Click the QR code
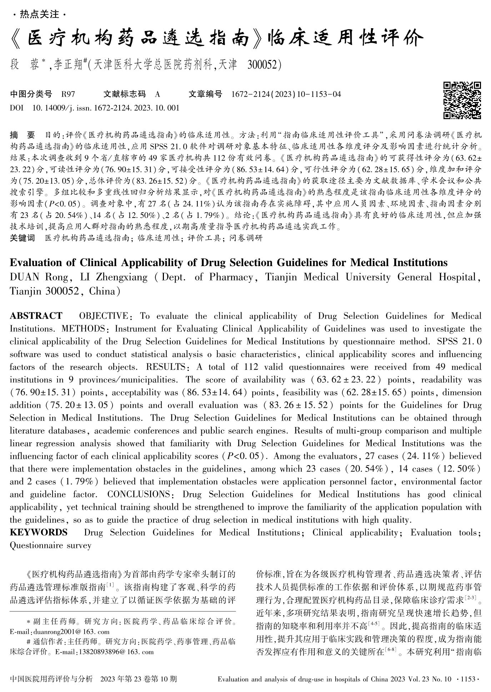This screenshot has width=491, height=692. coord(462,100)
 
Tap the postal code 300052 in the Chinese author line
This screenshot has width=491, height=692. coord(264,65)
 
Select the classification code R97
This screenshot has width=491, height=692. coord(68,94)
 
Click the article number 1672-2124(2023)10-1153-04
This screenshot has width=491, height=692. coord(286,94)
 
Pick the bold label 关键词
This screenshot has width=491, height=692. coord(22,238)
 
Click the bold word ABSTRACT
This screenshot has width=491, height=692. coord(36,316)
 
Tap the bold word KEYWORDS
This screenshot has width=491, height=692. coord(39,533)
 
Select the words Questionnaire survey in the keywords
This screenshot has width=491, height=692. coord(51,545)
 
